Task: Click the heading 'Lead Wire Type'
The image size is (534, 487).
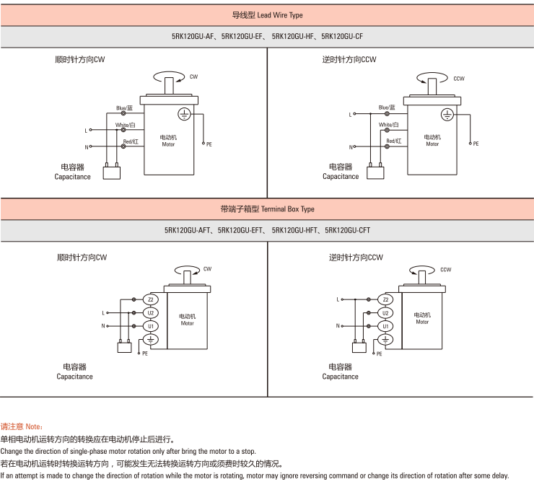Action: tap(279, 15)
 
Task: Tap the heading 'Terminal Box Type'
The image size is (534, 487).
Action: tap(287, 209)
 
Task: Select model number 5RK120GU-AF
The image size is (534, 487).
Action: tap(193, 37)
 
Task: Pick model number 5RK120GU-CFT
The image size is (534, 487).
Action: tap(347, 231)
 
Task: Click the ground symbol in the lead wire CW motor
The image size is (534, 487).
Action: tap(184, 114)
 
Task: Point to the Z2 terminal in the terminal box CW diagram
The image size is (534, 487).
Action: tap(151, 299)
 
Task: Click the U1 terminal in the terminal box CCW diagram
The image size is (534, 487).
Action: tap(385, 326)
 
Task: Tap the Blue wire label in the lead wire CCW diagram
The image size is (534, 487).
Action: tap(387, 108)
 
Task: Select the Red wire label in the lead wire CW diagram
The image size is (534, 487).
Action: tap(131, 141)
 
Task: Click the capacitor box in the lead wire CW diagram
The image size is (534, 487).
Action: tap(112, 173)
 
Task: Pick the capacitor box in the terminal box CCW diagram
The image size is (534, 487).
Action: tap(359, 347)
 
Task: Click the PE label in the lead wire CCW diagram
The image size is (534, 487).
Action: tap(476, 144)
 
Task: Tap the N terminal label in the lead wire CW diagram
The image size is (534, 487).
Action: tap(87, 147)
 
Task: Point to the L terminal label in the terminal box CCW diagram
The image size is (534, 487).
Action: tap(338, 299)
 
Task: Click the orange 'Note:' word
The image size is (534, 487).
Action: tap(34, 426)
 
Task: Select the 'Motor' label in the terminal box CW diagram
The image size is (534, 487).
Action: tap(188, 323)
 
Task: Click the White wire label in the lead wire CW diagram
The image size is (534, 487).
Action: tap(125, 125)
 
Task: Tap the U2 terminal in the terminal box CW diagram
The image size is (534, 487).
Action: tap(151, 313)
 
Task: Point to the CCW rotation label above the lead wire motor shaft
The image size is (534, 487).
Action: tap(459, 79)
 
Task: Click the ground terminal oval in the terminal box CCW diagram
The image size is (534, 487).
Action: tap(385, 340)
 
